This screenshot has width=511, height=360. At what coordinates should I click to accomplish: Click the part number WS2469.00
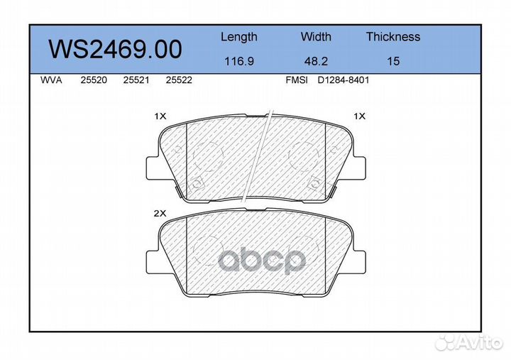pyautogui.click(x=115, y=49)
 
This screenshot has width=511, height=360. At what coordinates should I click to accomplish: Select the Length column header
pyautogui.click(x=239, y=37)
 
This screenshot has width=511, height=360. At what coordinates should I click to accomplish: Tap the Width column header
pyautogui.click(x=316, y=36)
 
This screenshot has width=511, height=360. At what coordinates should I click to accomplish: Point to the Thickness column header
pyautogui.click(x=393, y=36)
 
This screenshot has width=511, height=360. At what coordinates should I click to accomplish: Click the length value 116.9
pyautogui.click(x=239, y=61)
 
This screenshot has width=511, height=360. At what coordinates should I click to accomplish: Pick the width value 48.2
pyautogui.click(x=316, y=61)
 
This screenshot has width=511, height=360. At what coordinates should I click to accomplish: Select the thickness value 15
pyautogui.click(x=393, y=61)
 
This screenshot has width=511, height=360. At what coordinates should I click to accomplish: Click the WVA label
pyautogui.click(x=51, y=80)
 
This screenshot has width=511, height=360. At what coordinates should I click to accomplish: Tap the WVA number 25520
pyautogui.click(x=94, y=80)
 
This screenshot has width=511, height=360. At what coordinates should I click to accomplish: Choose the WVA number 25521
pyautogui.click(x=136, y=80)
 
